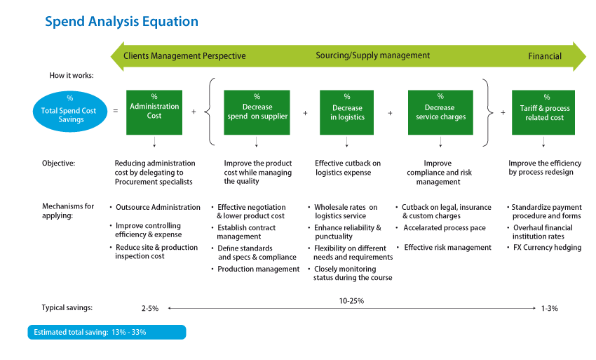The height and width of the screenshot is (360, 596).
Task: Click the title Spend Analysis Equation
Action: coord(121,22)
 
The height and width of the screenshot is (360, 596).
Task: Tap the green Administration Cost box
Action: coord(154,112)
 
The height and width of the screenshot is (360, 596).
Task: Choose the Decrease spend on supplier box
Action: coord(257,112)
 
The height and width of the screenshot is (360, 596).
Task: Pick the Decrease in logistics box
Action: coord(346,112)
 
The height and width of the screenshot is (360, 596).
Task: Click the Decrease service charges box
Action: coord(440,112)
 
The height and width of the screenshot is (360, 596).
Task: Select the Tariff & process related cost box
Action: coord(544,112)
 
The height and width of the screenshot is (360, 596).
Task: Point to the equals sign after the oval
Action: coord(115,112)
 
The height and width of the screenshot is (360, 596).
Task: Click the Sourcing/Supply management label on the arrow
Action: coord(373,55)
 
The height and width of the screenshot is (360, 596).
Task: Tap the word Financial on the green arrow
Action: coord(545,56)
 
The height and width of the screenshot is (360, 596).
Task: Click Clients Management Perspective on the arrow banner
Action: coord(184,55)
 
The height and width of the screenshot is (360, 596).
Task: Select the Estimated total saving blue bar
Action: coord(107,332)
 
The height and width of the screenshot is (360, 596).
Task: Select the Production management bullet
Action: coord(258,269)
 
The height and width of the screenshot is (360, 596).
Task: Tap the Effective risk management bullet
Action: coord(447,248)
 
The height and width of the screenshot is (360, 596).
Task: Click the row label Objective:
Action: coord(58,164)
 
